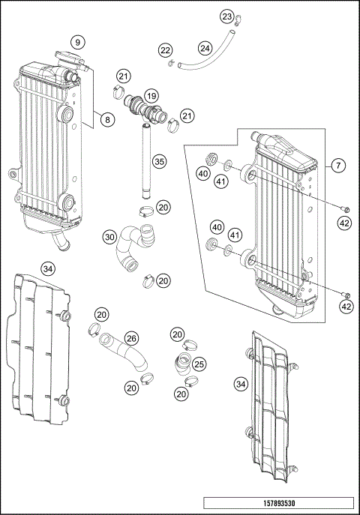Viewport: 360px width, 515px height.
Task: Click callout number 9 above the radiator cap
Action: pyautogui.click(x=77, y=41)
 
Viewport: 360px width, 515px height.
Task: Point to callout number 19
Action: pyautogui.click(x=151, y=96)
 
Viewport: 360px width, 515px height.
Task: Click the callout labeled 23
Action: pyautogui.click(x=226, y=16)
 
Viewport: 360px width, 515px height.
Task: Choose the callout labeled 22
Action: pyautogui.click(x=165, y=49)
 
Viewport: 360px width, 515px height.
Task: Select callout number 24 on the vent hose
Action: pyautogui.click(x=205, y=48)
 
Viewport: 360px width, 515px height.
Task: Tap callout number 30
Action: pyautogui.click(x=109, y=237)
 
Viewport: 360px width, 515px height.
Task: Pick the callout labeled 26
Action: pyautogui.click(x=131, y=339)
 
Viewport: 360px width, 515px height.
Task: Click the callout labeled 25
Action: pyautogui.click(x=199, y=364)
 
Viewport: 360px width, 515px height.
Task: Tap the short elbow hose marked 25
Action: pyautogui.click(x=182, y=367)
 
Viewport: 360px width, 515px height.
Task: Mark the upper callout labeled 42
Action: pyautogui.click(x=345, y=222)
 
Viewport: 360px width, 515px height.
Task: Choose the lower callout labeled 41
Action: pyautogui.click(x=235, y=235)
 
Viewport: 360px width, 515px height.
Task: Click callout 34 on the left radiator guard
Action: pyautogui.click(x=48, y=268)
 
